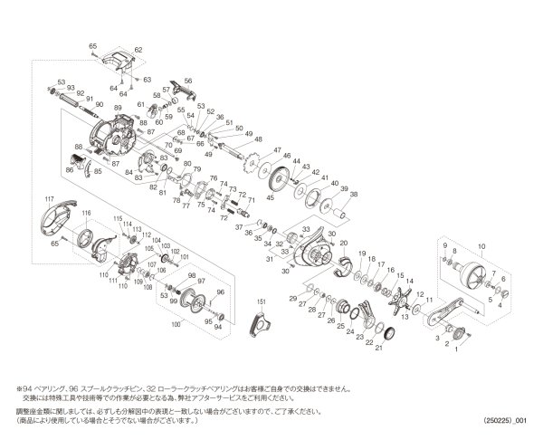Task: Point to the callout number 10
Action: [x=480, y=245]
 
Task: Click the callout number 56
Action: [x=188, y=81]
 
